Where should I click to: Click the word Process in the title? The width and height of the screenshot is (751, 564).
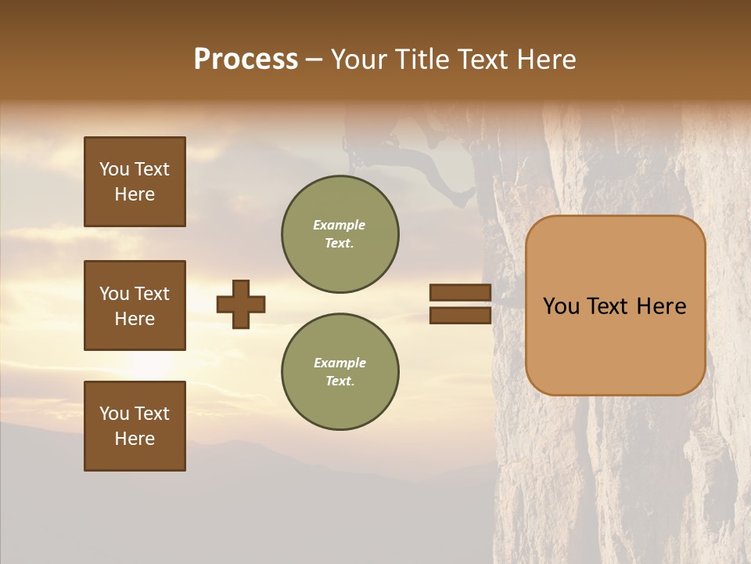coord(246,60)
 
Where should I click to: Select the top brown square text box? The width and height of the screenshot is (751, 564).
coord(135,182)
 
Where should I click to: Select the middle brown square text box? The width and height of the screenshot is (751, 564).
coord(135,305)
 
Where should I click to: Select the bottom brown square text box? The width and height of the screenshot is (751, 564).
coord(135,426)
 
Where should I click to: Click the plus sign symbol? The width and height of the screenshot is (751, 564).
coord(241,304)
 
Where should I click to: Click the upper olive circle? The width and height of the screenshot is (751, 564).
coord(340,234)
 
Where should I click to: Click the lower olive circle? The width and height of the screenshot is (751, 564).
coord(340,372)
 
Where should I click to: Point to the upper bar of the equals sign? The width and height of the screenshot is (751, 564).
coord(460,293)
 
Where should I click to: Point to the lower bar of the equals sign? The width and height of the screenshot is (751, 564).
coord(460,315)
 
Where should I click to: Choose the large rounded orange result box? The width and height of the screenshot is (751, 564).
coord(615,305)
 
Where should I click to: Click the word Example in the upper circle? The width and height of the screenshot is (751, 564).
coord(340,225)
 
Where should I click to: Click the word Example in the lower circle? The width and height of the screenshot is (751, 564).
coord(340,363)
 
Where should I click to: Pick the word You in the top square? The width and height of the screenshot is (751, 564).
coord(114,169)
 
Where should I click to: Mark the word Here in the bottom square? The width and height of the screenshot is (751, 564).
coord(135,439)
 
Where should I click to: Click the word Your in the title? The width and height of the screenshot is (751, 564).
coord(359,60)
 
